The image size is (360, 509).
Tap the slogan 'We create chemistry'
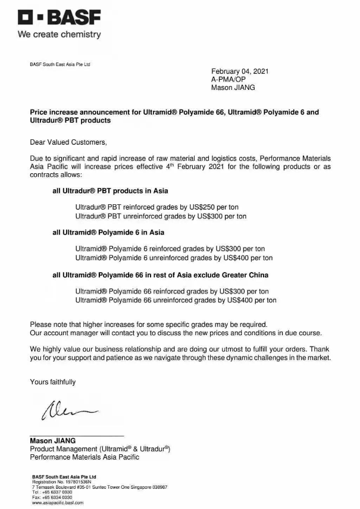click(x=60, y=35)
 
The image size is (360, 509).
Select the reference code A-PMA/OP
click(x=229, y=79)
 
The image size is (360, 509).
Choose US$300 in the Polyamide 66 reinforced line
click(x=236, y=291)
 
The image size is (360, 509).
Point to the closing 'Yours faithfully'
click(x=53, y=382)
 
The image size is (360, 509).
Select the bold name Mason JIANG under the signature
click(x=53, y=441)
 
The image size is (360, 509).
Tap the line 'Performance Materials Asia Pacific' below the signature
click(x=84, y=457)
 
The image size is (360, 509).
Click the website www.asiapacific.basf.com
click(x=58, y=502)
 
